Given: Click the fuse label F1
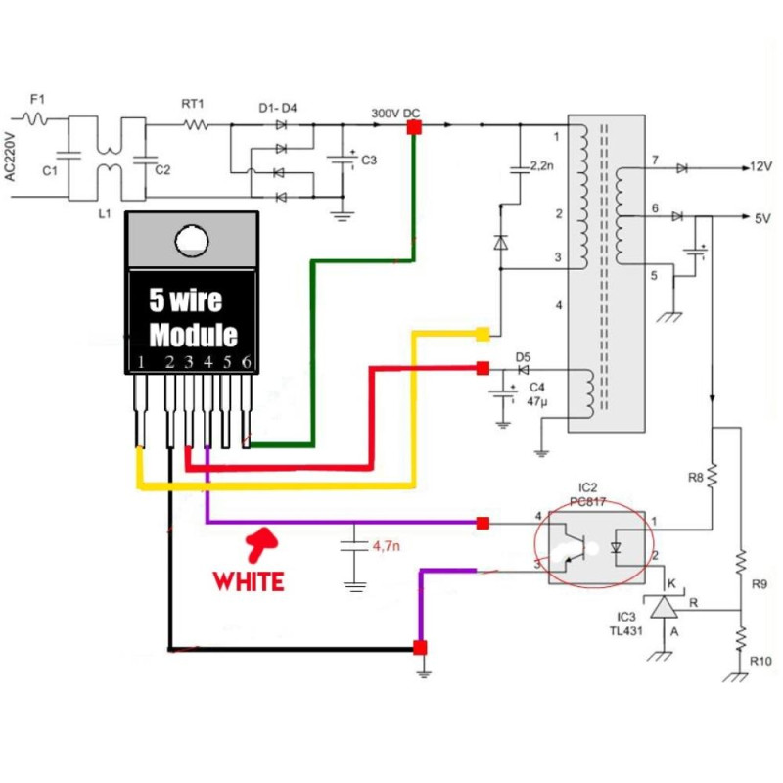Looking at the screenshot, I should pyautogui.click(x=37, y=99).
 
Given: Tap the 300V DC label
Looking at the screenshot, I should pyautogui.click(x=395, y=113).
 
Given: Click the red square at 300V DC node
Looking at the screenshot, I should pyautogui.click(x=414, y=128).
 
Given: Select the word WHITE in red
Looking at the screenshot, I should pyautogui.click(x=249, y=580).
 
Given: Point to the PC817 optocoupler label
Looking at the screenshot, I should pyautogui.click(x=589, y=499).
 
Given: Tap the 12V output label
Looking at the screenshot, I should pyautogui.click(x=760, y=167).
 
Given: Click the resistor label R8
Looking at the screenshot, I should pyautogui.click(x=696, y=478).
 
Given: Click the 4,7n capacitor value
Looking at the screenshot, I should pyautogui.click(x=386, y=545).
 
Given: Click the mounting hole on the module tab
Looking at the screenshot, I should pyautogui.click(x=192, y=239).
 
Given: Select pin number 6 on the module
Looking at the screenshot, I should pyautogui.click(x=248, y=362).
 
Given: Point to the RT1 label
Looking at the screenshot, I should pyautogui.click(x=193, y=102).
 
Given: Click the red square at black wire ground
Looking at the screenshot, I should pyautogui.click(x=420, y=648).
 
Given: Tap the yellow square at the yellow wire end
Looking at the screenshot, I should pyautogui.click(x=483, y=335).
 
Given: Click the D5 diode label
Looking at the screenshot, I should pyautogui.click(x=522, y=356).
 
